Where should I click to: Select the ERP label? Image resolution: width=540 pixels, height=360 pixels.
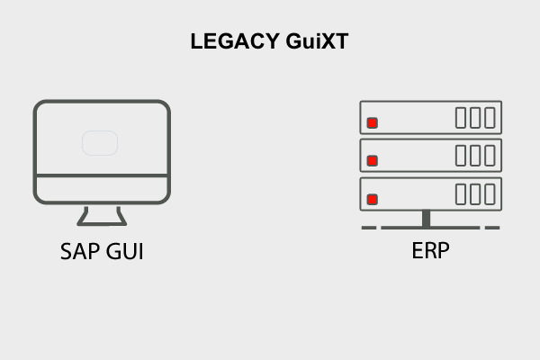[430, 250]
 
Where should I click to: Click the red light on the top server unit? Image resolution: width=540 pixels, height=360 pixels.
[373, 122]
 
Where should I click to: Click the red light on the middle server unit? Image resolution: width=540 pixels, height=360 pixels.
[373, 161]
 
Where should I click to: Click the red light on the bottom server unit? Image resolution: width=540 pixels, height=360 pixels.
[373, 199]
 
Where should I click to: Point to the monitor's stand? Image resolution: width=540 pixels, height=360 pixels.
[102, 216]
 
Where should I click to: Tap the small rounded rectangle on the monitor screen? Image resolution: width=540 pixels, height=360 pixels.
[101, 143]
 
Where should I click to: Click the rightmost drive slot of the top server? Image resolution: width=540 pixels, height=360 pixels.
[490, 118]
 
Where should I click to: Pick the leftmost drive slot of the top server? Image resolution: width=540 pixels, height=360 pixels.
[461, 118]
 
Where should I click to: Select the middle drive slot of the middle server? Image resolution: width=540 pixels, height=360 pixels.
[475, 156]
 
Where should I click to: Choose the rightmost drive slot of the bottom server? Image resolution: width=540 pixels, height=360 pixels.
[490, 194]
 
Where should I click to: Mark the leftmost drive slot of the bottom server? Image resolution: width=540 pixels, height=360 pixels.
[461, 194]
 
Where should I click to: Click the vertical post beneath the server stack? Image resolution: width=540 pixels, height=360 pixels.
[426, 218]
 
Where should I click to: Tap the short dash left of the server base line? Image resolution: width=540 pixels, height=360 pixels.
[368, 228]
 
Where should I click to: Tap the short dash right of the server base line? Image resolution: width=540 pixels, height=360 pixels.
[491, 228]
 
